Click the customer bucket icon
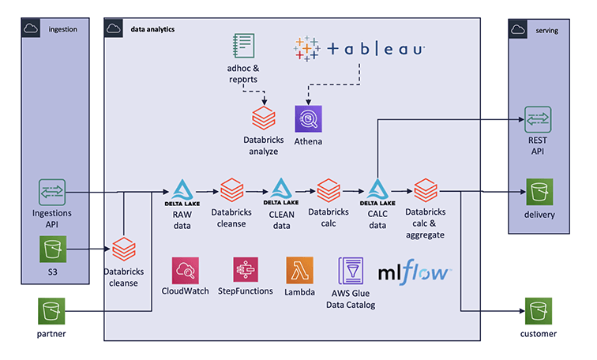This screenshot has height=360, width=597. click(540, 310)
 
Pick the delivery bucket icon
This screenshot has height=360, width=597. click(540, 192)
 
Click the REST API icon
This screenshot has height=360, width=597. click(539, 119)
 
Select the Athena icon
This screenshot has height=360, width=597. click(307, 119)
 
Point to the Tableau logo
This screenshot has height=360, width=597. click(359, 49)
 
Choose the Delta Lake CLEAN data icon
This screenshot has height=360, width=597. click(282, 191)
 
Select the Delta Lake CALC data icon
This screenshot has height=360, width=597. click(377, 191)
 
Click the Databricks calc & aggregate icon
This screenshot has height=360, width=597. click(426, 191)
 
